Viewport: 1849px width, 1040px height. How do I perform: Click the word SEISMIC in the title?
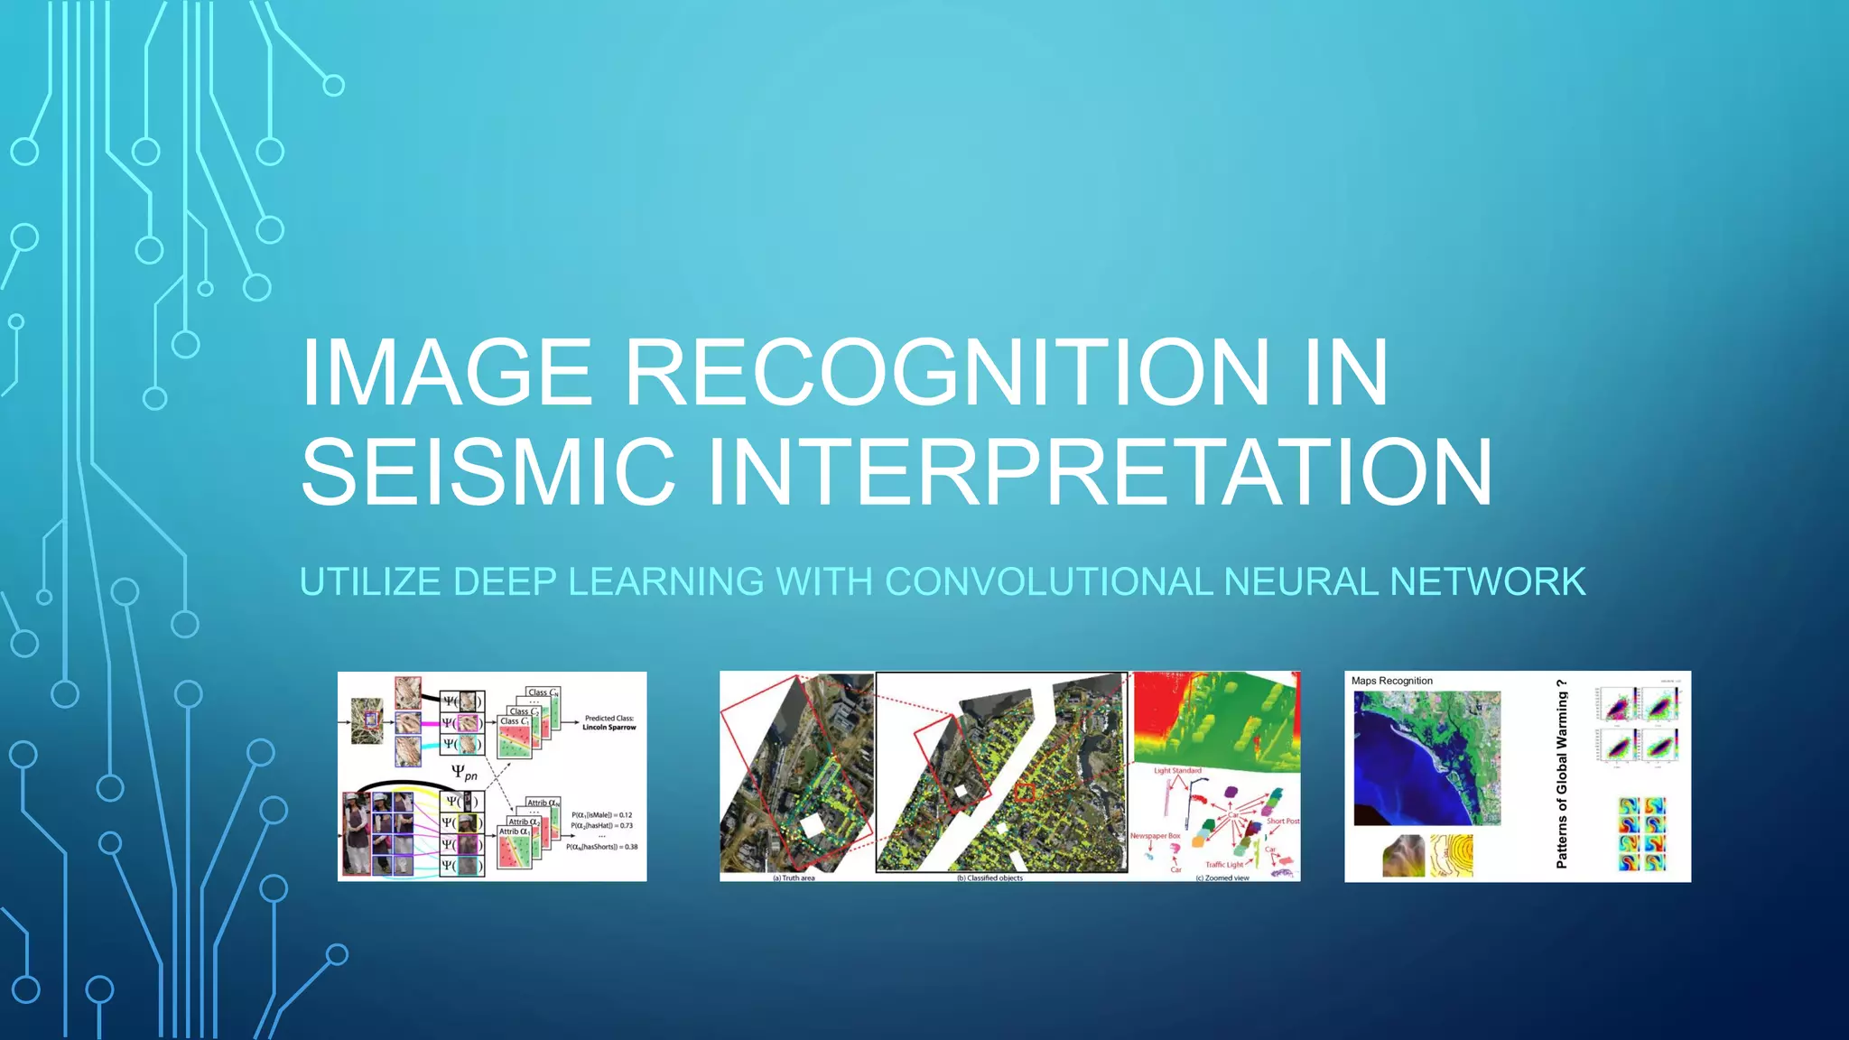[488, 471]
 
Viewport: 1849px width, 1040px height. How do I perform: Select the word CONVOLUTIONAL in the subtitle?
[1048, 581]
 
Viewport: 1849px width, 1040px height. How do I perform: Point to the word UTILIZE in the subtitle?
[370, 581]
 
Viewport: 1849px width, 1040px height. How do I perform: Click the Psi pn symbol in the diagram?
[464, 772]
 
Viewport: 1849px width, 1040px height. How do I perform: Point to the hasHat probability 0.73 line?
[601, 825]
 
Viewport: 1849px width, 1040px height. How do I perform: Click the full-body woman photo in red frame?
[357, 833]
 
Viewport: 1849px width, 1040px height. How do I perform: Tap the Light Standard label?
[1177, 770]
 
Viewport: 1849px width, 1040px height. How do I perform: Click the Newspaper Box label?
[1155, 836]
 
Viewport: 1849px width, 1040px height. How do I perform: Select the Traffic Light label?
[1223, 864]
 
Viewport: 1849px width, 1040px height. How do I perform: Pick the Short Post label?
[1282, 821]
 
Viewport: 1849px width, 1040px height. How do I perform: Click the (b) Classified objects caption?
[990, 877]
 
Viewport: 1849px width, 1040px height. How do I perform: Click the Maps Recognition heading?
[1391, 681]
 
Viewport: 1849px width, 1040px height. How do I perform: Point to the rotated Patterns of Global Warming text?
[1561, 775]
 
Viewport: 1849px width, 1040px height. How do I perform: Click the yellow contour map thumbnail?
[1451, 855]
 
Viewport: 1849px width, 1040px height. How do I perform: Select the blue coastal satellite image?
[1426, 758]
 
